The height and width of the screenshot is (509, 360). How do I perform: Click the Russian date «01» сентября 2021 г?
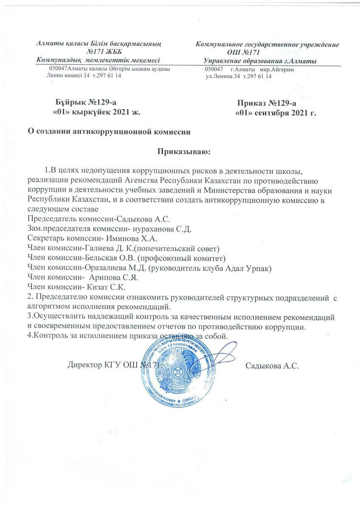tap(276, 113)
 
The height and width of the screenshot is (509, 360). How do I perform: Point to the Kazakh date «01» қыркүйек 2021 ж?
tap(96, 112)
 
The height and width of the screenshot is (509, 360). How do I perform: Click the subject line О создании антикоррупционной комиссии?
tap(109, 131)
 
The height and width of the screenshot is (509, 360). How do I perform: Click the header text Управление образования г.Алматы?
tap(260, 62)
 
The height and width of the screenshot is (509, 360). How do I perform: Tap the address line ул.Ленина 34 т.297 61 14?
tap(239, 76)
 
